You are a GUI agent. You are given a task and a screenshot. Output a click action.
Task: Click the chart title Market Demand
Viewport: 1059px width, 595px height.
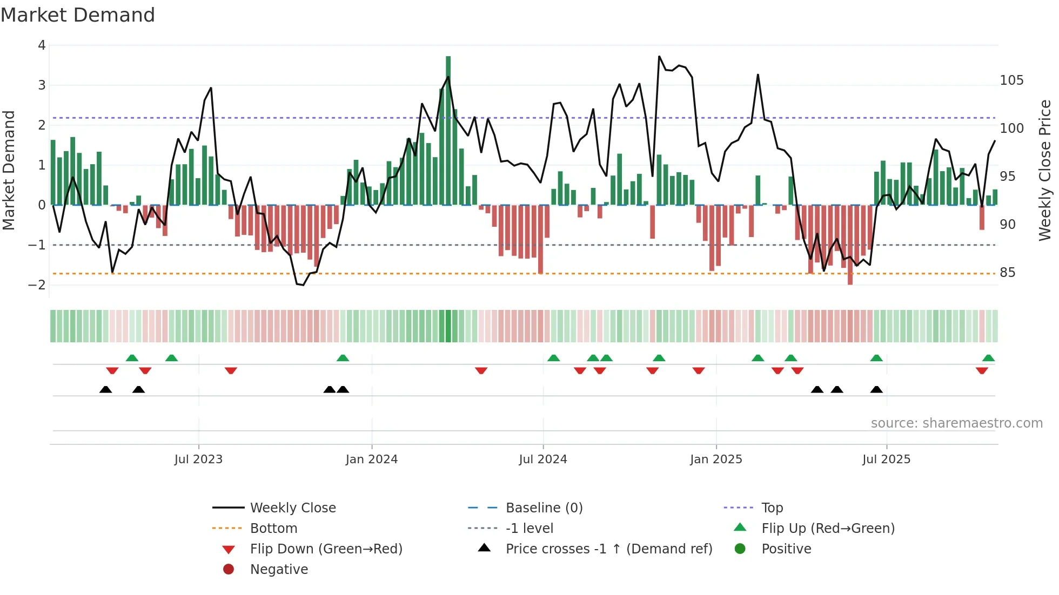coord(78,15)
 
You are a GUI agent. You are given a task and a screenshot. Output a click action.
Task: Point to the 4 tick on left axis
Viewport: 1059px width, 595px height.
coord(42,45)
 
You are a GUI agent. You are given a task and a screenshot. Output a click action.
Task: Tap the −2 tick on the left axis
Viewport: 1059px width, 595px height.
coord(37,285)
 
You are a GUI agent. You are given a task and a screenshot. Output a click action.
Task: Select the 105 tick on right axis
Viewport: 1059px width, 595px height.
coord(1011,80)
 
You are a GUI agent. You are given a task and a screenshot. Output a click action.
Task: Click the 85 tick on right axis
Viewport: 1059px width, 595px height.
coord(1007,273)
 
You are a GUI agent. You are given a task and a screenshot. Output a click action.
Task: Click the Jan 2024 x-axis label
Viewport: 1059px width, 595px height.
coord(371,459)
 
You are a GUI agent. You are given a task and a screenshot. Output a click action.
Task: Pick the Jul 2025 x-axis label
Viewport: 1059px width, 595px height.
coord(886,459)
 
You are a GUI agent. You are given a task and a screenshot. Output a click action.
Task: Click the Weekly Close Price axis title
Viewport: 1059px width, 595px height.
coord(1045,170)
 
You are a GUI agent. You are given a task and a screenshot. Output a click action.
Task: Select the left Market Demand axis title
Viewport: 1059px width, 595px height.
coord(9,170)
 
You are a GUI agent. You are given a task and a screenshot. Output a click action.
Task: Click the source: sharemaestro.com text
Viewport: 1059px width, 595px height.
coord(956,423)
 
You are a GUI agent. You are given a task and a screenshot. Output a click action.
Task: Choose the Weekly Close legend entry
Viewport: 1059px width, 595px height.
coord(292,508)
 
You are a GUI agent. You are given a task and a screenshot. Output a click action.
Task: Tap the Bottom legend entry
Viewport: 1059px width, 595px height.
coord(273,529)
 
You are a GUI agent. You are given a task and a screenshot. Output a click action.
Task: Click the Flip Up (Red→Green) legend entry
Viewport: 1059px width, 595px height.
coord(828,529)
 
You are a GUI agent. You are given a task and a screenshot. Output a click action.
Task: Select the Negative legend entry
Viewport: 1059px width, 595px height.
coord(279,570)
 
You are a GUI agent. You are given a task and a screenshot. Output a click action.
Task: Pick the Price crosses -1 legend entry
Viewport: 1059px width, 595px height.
coord(608,549)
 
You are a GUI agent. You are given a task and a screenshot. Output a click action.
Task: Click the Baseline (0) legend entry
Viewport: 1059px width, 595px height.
coord(544,508)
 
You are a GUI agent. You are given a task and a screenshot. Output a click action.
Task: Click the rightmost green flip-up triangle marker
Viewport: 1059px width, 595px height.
coord(988,358)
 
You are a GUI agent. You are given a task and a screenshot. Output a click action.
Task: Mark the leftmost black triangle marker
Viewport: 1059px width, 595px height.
coord(106,390)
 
